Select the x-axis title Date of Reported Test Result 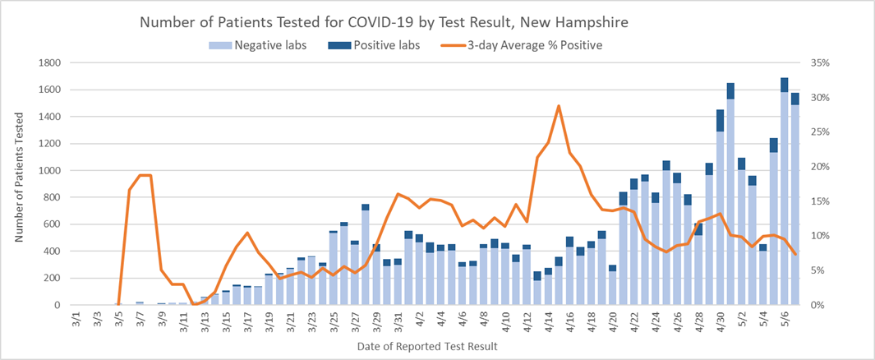click(x=427, y=347)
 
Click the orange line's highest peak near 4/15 click(x=559, y=105)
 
